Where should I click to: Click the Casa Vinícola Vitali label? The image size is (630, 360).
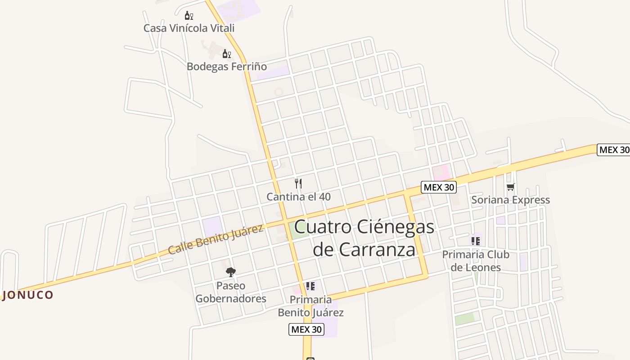pos(189,28)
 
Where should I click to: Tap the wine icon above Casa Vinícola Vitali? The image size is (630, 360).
pos(189,16)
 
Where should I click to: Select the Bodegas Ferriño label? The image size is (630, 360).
pos(227,67)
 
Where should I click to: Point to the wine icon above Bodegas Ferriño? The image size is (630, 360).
pos(227,54)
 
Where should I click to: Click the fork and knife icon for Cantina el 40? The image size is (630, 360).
pos(298,183)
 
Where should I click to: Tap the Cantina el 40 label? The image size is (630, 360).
pos(298,197)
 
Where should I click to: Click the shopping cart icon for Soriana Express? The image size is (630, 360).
pos(510,187)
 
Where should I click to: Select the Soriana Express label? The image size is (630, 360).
pos(510,200)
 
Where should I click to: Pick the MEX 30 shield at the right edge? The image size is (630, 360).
pos(614,150)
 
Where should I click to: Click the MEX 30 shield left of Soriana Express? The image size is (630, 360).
pos(439,187)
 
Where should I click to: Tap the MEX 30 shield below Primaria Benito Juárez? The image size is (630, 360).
pos(306,329)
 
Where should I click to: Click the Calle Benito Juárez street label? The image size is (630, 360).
pos(216,239)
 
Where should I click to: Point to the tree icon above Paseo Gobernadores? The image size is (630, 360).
pos(231,272)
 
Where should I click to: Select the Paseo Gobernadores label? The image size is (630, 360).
pos(231,292)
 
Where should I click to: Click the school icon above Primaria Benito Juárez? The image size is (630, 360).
pos(310,286)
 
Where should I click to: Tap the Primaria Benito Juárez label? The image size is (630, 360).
pos(310,306)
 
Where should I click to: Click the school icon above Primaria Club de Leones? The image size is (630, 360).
pos(476,241)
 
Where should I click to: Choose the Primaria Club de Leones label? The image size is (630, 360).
pos(476,261)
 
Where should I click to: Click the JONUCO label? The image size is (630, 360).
pos(28,295)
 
